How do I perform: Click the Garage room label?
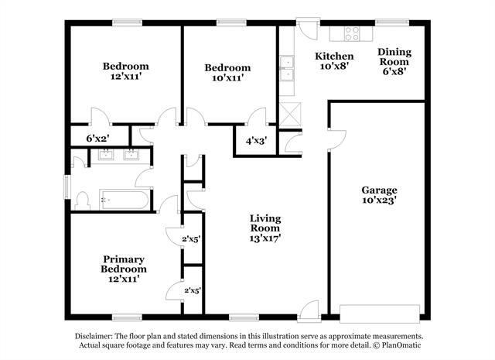point(379,195)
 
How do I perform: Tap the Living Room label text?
point(265,228)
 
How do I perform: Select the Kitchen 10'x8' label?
point(334,61)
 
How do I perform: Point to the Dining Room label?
point(394,61)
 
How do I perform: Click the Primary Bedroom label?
point(124,269)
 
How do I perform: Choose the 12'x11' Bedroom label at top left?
point(125,71)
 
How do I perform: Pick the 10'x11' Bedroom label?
point(227,72)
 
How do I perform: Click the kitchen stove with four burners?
point(352,33)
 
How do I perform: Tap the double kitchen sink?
point(287,68)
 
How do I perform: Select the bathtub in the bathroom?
point(124,200)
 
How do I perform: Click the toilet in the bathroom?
point(83,201)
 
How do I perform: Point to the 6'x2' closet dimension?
point(98,139)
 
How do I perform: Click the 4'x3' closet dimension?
point(256,141)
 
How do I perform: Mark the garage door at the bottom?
point(380,314)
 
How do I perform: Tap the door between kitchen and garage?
point(337,139)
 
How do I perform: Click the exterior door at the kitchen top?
point(308,29)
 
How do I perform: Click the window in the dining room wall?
point(392,22)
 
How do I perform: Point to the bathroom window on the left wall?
point(67,187)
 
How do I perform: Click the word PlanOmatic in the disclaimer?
point(401,345)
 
